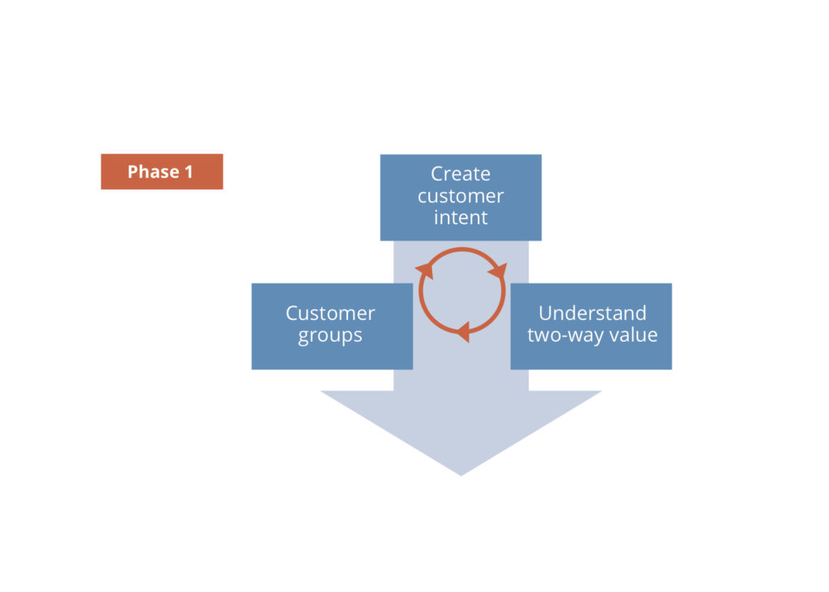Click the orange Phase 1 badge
[x=161, y=172]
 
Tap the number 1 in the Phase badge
[x=189, y=172]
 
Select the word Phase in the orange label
[x=153, y=172]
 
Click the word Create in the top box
[x=461, y=174]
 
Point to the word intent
[x=461, y=218]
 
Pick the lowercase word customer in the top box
[x=461, y=196]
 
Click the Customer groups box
[x=332, y=326]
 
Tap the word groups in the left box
[x=330, y=336]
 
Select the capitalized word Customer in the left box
[x=330, y=313]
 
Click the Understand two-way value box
[x=591, y=326]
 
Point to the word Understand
[x=592, y=313]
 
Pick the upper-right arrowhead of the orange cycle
[x=496, y=270]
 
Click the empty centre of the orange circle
[x=461, y=291]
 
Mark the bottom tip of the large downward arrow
[x=461, y=474]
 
